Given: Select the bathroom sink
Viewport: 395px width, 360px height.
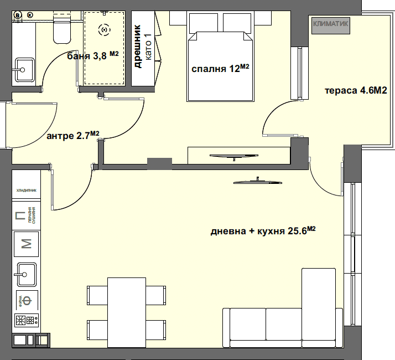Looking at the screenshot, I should (x=23, y=70).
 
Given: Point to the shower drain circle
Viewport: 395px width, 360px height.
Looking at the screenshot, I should (x=103, y=30).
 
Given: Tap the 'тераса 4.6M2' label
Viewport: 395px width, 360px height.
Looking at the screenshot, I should (x=355, y=91).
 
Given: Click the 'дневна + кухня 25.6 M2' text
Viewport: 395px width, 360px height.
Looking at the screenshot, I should (x=263, y=232).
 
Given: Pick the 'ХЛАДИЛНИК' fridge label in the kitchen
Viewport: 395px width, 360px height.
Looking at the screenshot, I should (x=26, y=190).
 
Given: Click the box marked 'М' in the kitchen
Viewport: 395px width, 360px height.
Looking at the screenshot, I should (x=26, y=242).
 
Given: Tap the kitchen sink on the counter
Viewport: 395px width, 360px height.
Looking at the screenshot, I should (x=26, y=272).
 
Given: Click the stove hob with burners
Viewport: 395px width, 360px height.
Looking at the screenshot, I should (x=26, y=320).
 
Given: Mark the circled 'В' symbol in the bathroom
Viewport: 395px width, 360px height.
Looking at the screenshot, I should (x=18, y=14).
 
